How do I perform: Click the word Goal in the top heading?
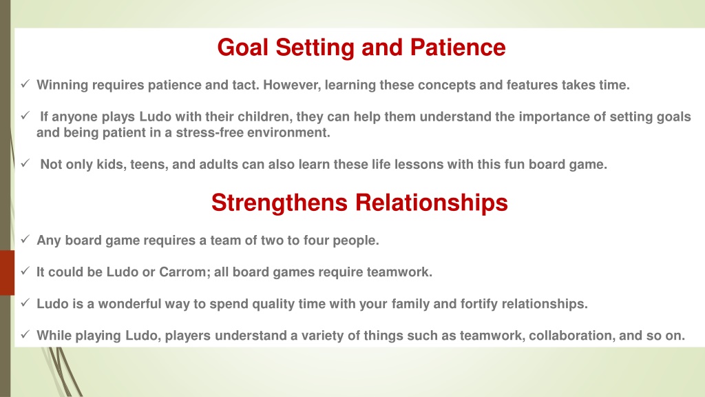point(243,48)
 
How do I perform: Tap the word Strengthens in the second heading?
point(280,203)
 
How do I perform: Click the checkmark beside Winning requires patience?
point(25,83)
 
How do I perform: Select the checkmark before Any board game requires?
point(25,239)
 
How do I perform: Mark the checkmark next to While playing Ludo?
point(25,334)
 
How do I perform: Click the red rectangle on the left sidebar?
point(7,273)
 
